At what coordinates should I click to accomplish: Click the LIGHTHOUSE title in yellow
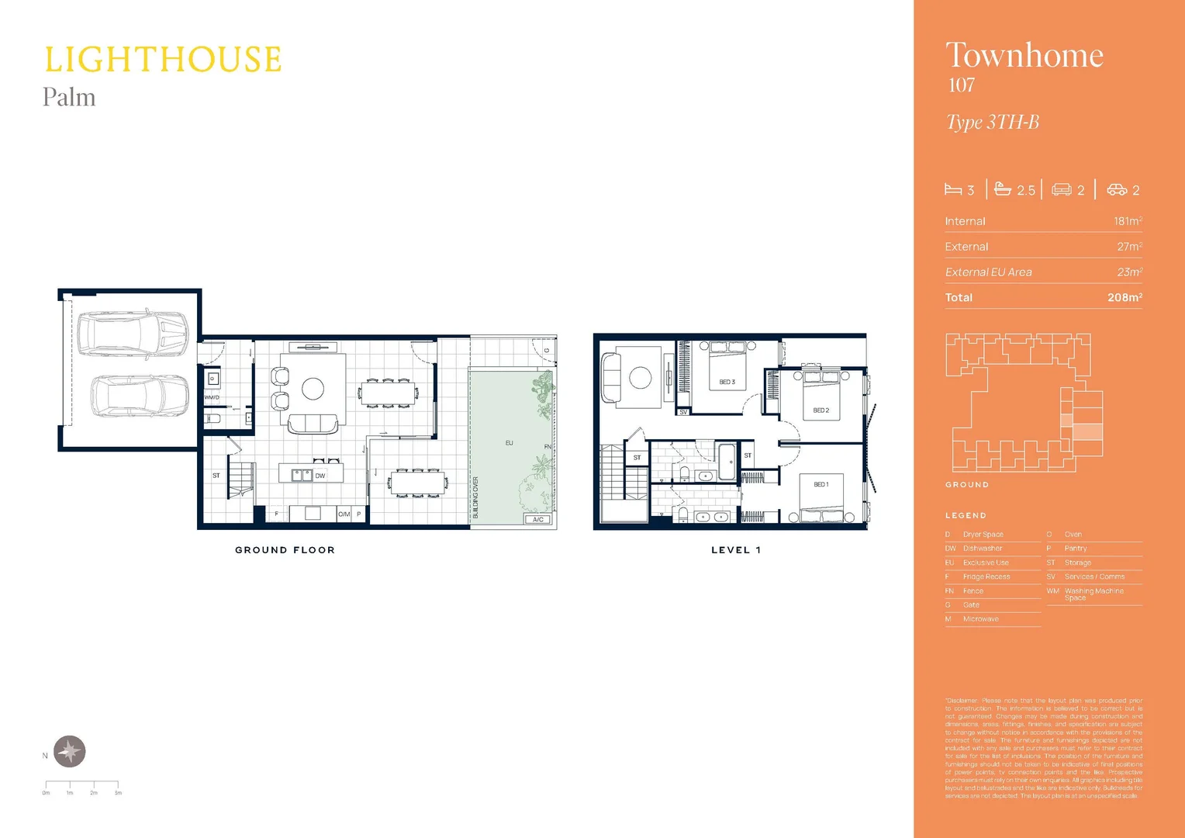163,60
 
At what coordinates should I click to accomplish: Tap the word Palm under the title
69,98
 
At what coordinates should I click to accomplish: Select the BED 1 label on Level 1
821,484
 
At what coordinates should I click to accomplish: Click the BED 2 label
821,410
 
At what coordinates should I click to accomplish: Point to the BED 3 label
727,382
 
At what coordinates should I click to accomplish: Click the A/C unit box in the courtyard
537,519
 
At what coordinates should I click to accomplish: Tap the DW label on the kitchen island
320,476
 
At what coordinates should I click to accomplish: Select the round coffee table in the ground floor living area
313,389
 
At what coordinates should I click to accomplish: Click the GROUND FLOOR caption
285,550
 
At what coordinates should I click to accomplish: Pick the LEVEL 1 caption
735,550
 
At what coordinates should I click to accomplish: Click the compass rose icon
70,751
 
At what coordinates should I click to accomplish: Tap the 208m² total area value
1125,297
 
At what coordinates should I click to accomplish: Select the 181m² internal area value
1128,221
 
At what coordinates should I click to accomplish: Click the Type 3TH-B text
992,123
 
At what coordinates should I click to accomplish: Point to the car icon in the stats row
1117,190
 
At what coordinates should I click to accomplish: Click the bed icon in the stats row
953,190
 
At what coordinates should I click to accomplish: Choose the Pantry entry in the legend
1075,549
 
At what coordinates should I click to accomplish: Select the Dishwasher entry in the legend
982,549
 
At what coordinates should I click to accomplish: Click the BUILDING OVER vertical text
475,497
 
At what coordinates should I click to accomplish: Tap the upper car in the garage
133,334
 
